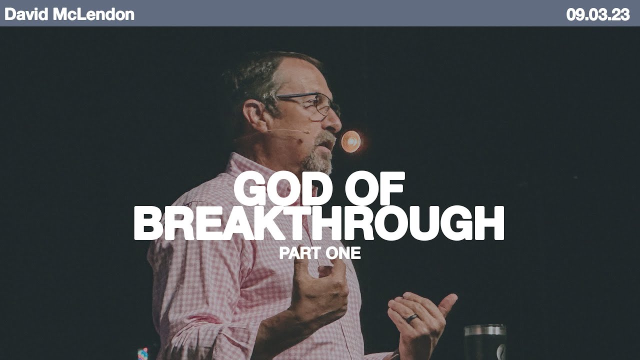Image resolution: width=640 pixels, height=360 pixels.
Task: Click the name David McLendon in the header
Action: (69, 14)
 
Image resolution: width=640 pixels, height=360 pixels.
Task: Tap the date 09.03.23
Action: (597, 14)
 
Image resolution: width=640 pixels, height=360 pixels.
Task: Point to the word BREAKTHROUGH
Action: (319, 224)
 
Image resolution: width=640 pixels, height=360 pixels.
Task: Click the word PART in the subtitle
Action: (298, 253)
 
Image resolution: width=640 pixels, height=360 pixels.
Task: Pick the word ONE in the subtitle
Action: (342, 253)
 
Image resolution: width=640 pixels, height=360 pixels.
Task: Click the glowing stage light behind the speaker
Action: (350, 141)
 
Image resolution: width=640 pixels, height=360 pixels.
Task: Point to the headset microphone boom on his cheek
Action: (287, 131)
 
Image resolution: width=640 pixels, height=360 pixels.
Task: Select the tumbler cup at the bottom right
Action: (484, 342)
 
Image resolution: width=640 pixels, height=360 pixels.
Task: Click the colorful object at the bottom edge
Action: (143, 353)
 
